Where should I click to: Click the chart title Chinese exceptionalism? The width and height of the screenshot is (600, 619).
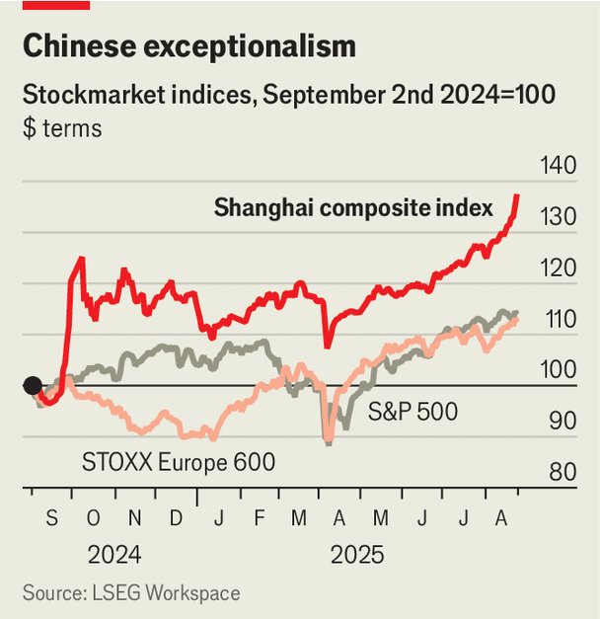188,46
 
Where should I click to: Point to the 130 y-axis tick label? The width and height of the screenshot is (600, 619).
559,216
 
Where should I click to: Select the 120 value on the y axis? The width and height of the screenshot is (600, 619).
559,268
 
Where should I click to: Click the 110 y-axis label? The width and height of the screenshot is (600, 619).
559,319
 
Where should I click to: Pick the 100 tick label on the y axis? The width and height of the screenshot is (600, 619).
559,369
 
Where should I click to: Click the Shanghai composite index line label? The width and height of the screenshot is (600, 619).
353,208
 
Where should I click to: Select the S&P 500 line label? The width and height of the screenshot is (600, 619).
412,412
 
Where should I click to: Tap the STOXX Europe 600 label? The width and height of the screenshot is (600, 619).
179,461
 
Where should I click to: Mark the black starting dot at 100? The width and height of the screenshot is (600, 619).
33,386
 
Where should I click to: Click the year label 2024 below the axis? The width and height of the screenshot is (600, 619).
114,555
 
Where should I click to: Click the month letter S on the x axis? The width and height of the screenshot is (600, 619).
51,518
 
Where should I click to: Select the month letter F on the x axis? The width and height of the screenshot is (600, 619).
259,518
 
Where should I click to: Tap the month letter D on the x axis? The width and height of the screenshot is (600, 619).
176,518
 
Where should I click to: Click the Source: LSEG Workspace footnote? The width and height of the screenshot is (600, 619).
131,593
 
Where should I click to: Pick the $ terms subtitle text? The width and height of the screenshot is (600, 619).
62,128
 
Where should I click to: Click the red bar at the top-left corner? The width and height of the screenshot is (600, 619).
56,5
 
